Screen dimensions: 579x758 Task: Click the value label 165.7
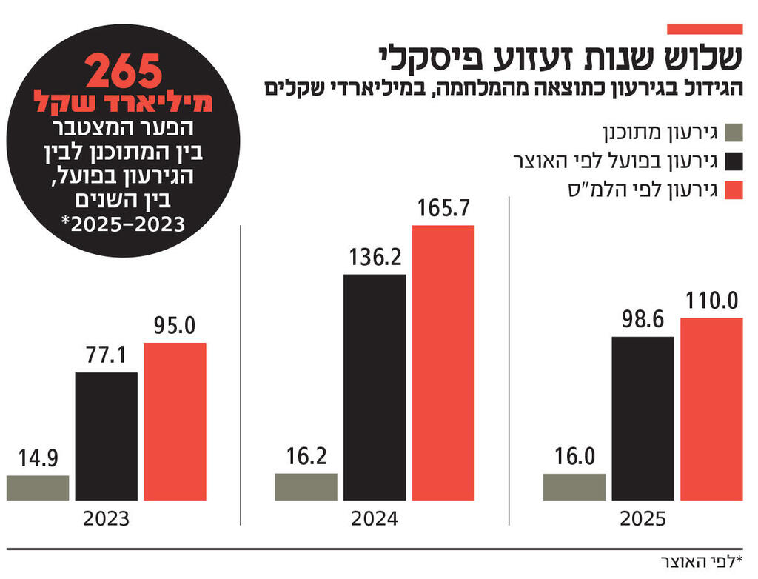(443, 209)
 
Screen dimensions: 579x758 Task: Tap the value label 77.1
(106, 356)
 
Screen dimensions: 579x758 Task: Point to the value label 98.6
(643, 320)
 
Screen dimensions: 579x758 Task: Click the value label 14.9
(38, 458)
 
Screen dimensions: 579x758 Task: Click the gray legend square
(733, 133)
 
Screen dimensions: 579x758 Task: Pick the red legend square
(733, 190)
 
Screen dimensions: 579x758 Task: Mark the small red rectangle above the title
(704, 29)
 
